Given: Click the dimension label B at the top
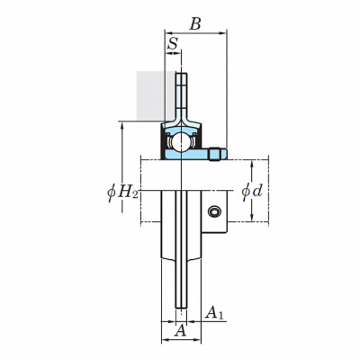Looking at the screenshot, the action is coord(195,23).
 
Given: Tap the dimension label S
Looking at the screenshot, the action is coord(173,44).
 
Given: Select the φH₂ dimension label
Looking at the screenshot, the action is coord(122,192).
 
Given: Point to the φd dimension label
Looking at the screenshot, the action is coord(252,191).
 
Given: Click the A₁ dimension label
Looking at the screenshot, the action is coord(214,312).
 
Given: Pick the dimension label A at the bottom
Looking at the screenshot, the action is coord(180,331).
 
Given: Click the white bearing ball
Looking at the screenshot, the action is coord(181,142).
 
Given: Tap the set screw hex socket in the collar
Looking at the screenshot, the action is coord(215,211).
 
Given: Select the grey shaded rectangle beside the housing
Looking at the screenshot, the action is coord(151,95).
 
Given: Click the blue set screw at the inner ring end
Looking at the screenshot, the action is coord(217,154).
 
